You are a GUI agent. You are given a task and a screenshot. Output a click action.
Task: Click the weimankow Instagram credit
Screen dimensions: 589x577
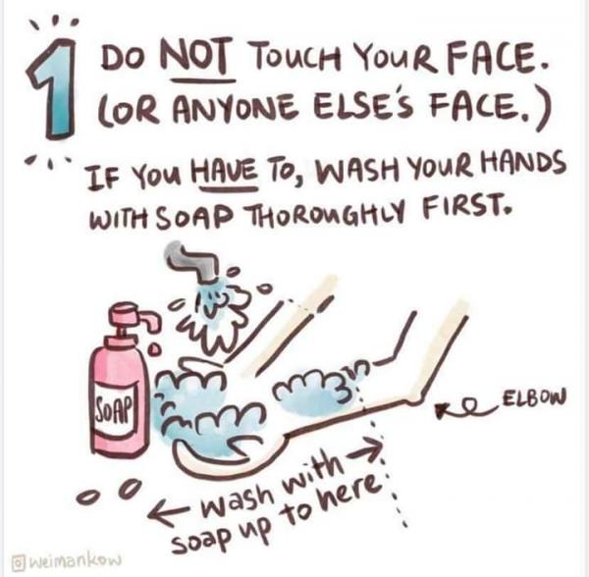(x=68, y=562)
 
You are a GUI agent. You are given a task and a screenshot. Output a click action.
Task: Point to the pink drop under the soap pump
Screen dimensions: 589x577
(x=154, y=350)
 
